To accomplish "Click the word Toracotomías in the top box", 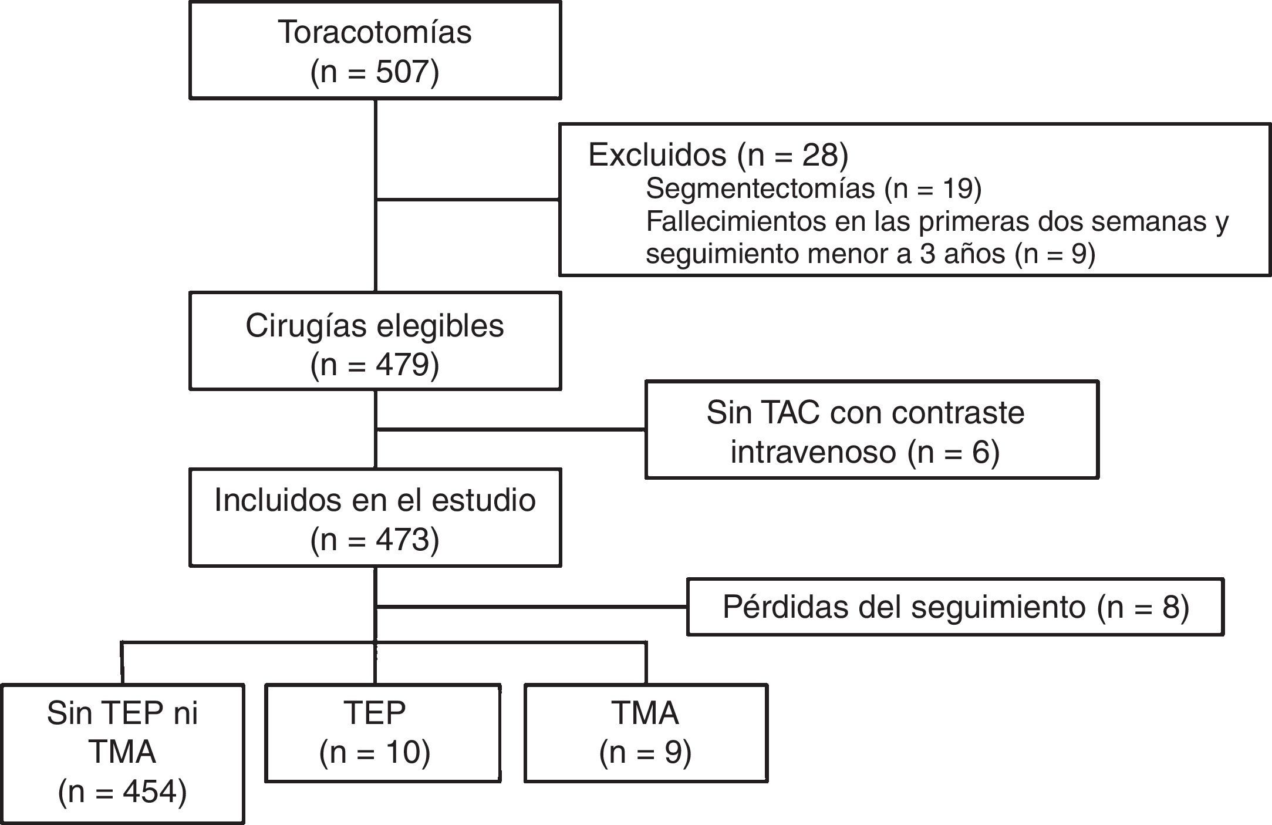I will point(374,32).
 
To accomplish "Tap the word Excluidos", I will point(657,155).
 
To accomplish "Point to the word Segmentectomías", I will point(760,188).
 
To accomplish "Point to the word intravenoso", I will point(813,452).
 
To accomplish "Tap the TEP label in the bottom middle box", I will point(375,713).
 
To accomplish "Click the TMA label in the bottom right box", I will point(645,713).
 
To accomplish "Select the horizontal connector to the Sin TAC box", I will point(511,430).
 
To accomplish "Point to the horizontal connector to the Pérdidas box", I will point(531,607).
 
